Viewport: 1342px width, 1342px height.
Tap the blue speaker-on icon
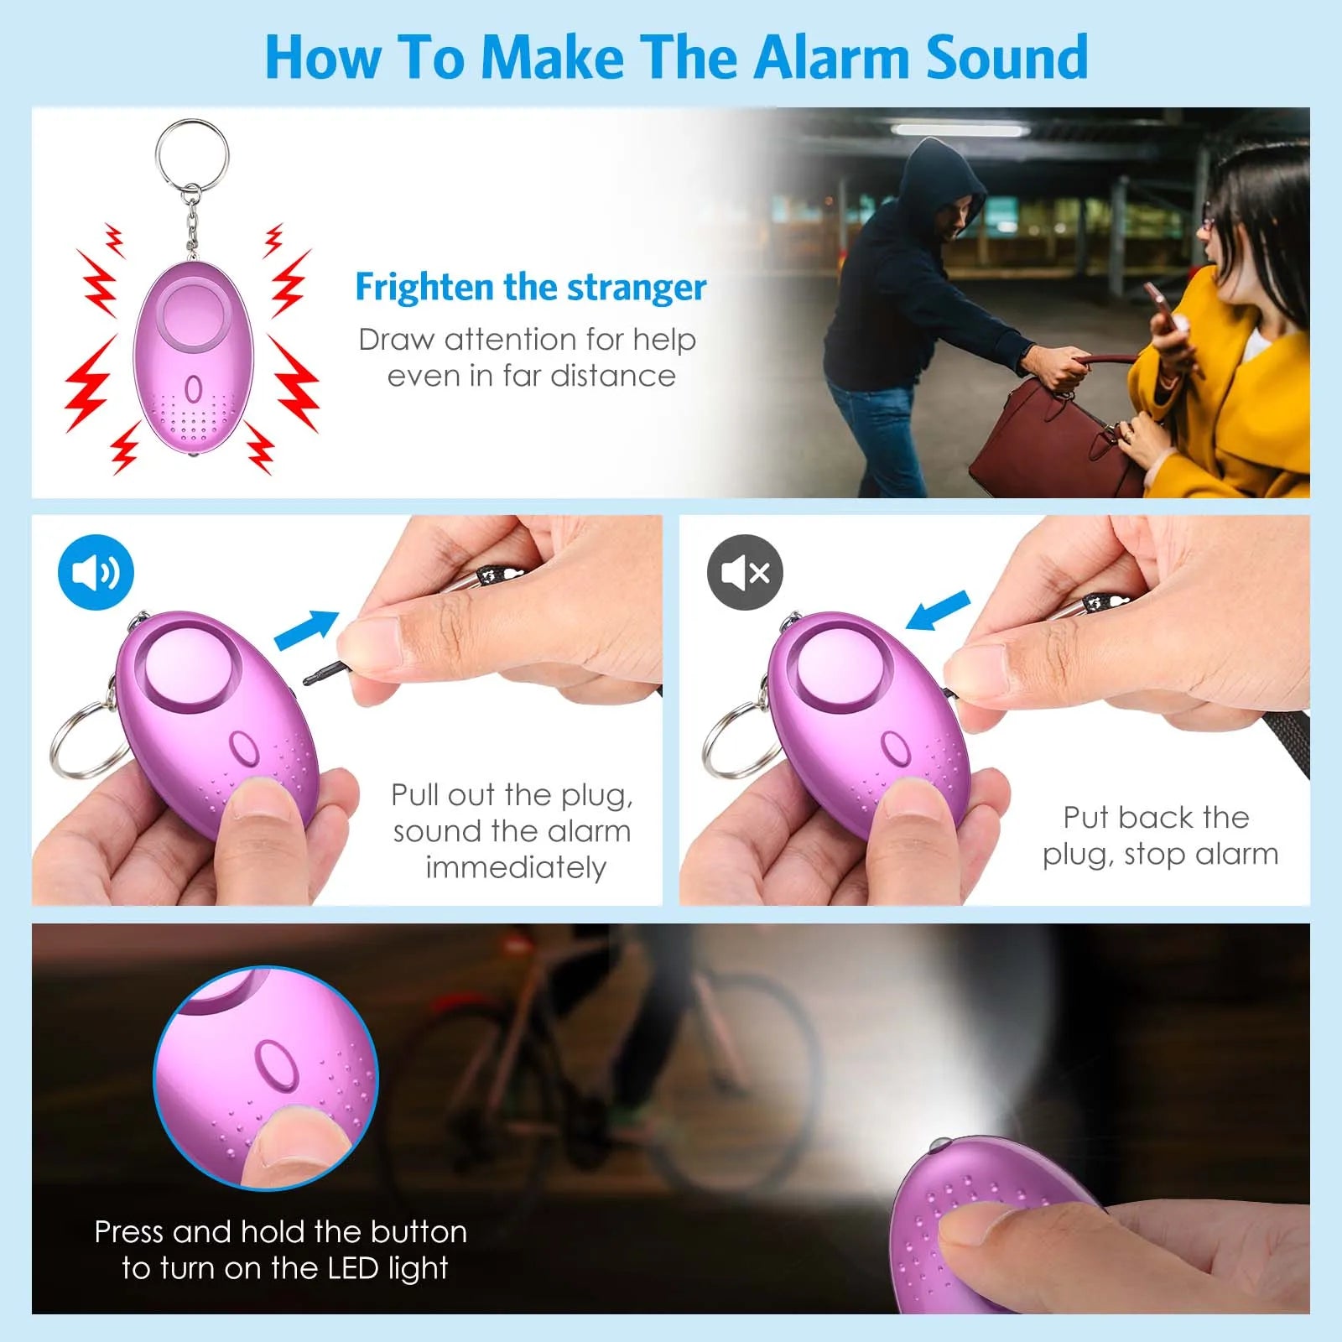point(96,572)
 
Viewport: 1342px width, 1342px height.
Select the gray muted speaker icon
point(745,572)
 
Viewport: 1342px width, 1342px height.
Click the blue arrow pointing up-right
point(307,630)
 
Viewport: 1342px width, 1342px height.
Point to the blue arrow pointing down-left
point(938,611)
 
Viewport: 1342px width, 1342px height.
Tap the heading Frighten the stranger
point(530,287)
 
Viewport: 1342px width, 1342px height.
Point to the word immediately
point(515,867)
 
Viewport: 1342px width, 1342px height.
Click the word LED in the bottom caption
point(353,1267)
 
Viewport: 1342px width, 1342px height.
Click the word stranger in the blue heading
point(637,287)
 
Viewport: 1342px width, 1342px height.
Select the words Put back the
point(1156,817)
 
